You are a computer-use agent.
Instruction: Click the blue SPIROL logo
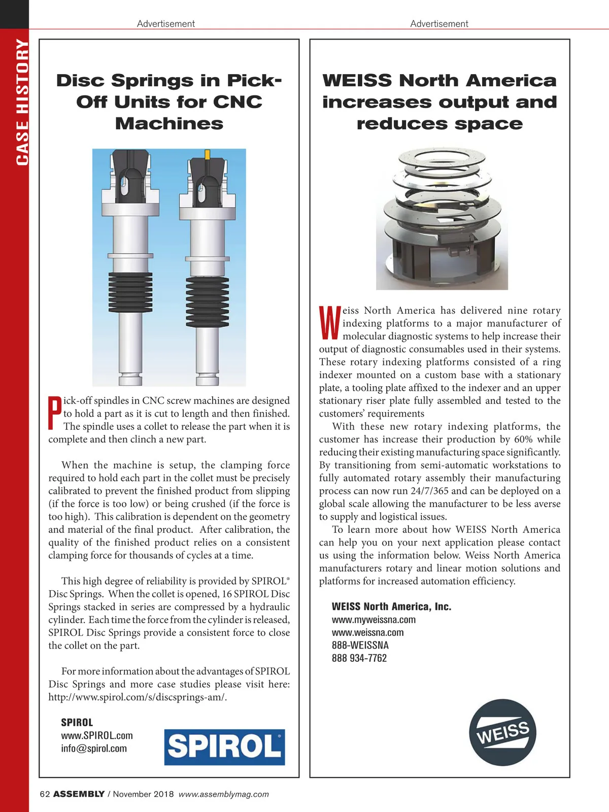click(x=224, y=747)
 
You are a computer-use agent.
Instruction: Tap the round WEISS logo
click(x=502, y=732)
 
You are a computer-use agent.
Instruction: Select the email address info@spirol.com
click(x=94, y=749)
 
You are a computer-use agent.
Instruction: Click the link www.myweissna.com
click(x=374, y=620)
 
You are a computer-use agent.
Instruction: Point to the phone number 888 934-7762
click(x=359, y=658)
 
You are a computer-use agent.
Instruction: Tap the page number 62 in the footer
click(x=45, y=794)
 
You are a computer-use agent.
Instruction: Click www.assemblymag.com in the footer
click(x=224, y=794)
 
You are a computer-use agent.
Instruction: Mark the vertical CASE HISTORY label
click(x=22, y=102)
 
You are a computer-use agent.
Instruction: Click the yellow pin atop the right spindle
click(x=207, y=154)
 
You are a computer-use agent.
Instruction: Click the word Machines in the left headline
click(x=169, y=124)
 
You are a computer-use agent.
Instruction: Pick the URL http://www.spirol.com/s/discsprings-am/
click(x=138, y=697)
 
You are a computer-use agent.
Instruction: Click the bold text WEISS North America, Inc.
click(x=391, y=606)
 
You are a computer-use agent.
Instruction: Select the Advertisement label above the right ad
click(x=439, y=24)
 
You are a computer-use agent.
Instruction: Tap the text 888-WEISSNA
click(x=360, y=646)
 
